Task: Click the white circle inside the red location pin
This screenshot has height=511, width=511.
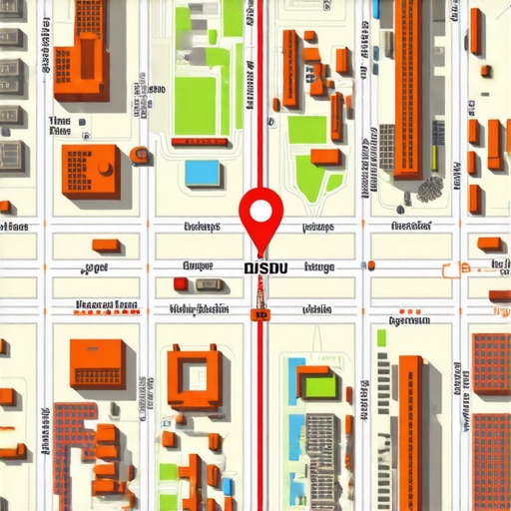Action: (260, 210)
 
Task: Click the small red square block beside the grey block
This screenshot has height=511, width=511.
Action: (181, 284)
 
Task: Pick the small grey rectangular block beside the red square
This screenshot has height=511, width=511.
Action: (208, 284)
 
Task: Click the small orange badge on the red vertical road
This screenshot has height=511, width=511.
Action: (260, 314)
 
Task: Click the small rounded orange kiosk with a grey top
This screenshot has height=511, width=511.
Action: (139, 155)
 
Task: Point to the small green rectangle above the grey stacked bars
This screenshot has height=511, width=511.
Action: (168, 471)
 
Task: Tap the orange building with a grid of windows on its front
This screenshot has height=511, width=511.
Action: (490, 364)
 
